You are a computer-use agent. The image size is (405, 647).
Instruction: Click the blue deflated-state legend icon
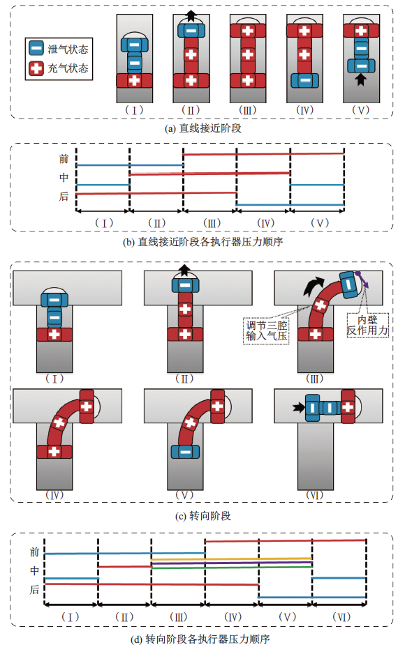click(x=36, y=48)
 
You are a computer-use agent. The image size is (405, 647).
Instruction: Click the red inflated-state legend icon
click(x=36, y=68)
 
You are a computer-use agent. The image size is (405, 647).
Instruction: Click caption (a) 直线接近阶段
click(x=203, y=128)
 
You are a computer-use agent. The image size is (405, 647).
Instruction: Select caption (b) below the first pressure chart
click(x=203, y=242)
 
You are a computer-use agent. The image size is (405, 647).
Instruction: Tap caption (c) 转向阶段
click(x=203, y=516)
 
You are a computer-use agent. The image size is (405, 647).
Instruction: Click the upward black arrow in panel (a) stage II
click(x=191, y=15)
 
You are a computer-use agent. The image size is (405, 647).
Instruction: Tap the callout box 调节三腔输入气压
click(x=267, y=331)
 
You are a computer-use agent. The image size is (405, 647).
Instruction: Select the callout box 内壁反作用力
click(x=367, y=325)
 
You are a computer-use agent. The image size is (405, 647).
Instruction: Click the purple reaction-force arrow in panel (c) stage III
click(x=363, y=280)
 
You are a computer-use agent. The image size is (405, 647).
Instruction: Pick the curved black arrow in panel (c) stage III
click(x=313, y=286)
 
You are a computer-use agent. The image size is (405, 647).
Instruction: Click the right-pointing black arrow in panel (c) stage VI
click(x=298, y=408)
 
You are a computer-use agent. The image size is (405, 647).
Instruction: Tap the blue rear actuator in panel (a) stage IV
click(x=305, y=80)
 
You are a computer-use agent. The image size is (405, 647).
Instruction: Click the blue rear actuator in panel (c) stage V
click(x=185, y=452)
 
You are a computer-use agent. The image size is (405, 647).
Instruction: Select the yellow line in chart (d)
click(x=232, y=559)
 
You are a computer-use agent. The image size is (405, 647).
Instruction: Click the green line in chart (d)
click(x=232, y=568)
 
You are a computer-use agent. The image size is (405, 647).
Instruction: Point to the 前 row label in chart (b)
click(x=64, y=159)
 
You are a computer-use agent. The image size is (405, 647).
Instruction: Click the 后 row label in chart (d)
click(x=34, y=590)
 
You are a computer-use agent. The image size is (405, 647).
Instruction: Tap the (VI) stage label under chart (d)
click(x=341, y=617)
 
